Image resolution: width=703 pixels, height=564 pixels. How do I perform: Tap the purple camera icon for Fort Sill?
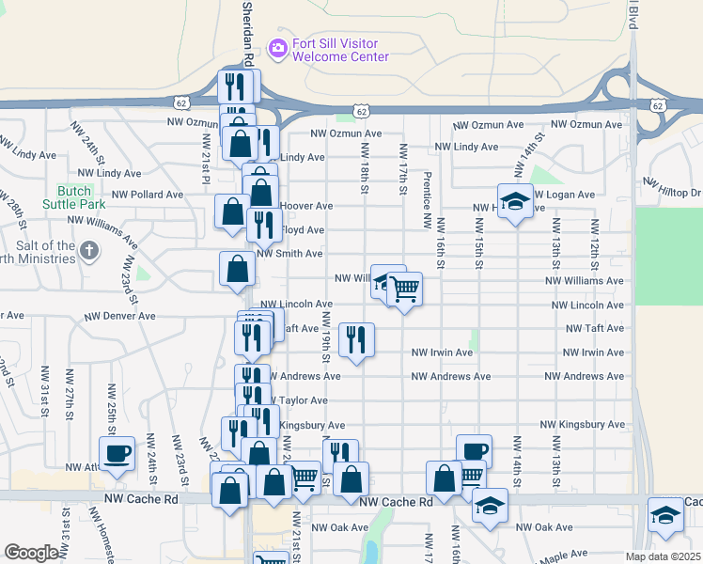coord(277,47)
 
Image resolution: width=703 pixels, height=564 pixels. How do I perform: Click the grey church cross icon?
coord(89,251)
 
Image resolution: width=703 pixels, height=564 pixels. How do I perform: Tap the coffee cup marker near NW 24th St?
coord(117,454)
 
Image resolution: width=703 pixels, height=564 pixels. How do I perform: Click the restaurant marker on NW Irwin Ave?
coord(356,339)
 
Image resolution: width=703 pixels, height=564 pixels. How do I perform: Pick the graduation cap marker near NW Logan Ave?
coord(515,202)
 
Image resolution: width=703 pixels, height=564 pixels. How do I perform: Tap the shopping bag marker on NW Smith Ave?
coord(237,269)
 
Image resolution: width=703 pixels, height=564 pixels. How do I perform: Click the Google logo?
coord(31,553)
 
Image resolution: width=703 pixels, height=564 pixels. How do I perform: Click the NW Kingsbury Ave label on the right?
coord(591,425)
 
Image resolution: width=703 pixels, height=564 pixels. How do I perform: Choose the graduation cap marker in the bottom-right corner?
coord(666,515)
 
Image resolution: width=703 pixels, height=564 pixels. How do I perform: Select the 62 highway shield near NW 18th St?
coord(362,111)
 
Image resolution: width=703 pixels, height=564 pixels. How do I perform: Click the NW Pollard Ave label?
coord(148,195)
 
